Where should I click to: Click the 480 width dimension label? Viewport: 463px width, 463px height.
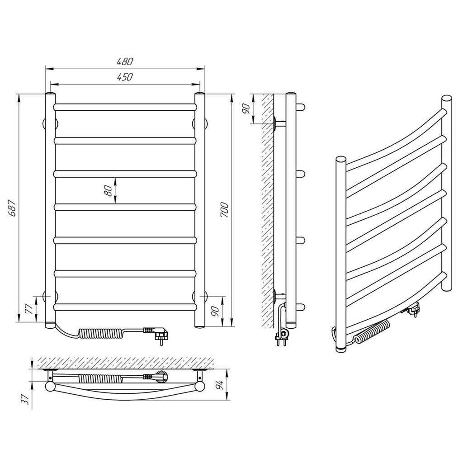tap(125, 61)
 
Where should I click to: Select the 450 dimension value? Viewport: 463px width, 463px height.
tap(125, 77)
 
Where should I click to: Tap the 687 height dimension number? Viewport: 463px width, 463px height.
tap(12, 208)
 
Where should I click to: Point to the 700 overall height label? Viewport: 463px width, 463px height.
tap(224, 210)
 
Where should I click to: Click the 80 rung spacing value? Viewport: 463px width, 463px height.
tap(109, 191)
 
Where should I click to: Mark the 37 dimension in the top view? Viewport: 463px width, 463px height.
tap(26, 400)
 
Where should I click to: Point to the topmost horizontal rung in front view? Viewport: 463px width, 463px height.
tap(125, 107)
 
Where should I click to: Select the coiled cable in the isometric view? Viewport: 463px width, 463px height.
tap(372, 331)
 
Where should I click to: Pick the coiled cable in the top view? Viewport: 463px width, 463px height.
tap(100, 377)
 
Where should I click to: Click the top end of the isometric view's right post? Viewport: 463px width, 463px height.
tap(446, 98)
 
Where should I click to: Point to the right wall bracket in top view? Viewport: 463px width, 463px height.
tap(200, 374)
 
